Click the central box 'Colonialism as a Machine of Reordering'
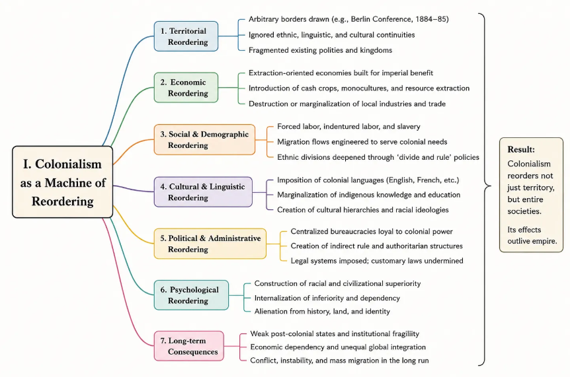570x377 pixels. coord(63,182)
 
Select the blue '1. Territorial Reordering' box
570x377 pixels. coord(186,36)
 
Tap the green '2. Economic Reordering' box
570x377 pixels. coord(186,87)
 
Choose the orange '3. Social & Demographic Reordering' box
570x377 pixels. coord(205,140)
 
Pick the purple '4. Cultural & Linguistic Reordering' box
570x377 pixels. coord(203,192)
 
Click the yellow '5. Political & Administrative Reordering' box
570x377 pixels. coord(210,244)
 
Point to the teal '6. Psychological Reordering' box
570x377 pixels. coord(191,295)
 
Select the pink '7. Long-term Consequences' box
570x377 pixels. coord(189,346)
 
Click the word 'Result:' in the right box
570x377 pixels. coord(521,149)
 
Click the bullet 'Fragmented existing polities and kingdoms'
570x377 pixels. coord(320,50)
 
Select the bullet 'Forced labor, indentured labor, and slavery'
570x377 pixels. coord(348,127)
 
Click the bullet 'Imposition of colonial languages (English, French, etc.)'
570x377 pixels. coord(368,180)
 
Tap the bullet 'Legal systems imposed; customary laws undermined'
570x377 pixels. coord(377,261)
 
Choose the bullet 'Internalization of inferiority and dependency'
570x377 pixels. coord(327,298)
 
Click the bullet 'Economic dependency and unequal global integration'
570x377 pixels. coord(338,347)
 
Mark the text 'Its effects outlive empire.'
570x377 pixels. coord(532,235)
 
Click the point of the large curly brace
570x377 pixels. coord(491,186)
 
